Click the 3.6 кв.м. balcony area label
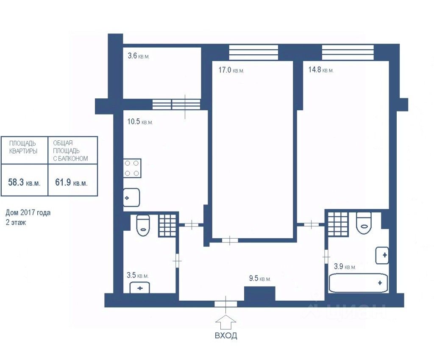tap(139, 56)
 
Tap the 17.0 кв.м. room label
tap(231, 70)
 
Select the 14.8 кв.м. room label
tap(321, 70)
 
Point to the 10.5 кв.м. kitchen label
tap(140, 122)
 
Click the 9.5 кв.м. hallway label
tap(260, 278)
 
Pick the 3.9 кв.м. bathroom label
tap(345, 266)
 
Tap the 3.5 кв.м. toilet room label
tap(138, 275)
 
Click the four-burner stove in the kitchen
tap(132, 168)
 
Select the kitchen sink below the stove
tap(131, 198)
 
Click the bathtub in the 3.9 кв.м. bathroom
tap(358, 283)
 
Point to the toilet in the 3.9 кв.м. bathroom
tap(363, 223)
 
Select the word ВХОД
tap(226, 336)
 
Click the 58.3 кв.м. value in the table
tap(24, 182)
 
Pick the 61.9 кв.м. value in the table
tap(71, 182)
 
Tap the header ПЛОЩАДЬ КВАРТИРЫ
tap(23, 147)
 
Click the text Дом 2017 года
tap(28, 213)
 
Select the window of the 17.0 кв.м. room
tap(253, 52)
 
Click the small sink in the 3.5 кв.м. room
tap(140, 288)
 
